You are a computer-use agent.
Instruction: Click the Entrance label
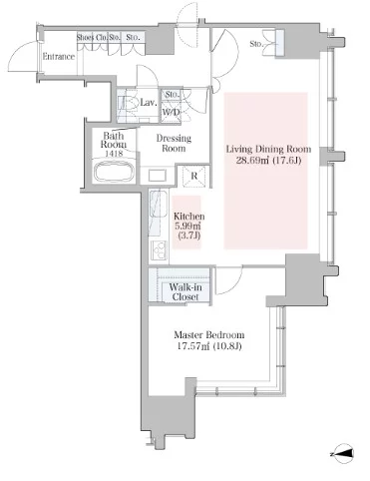(59, 57)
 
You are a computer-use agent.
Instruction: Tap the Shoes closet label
(85, 37)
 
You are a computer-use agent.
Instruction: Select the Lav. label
(149, 103)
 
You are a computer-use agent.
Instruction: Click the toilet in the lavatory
(130, 104)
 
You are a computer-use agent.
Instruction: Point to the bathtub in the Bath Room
(115, 172)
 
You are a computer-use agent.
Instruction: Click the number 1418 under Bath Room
(114, 154)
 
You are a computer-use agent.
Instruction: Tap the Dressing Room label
(174, 143)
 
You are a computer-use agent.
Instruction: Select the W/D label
(171, 112)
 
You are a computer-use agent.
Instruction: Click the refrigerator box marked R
(194, 176)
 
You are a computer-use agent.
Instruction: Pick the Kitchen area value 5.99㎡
(187, 226)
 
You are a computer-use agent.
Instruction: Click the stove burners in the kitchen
(160, 250)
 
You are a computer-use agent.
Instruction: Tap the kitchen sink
(159, 204)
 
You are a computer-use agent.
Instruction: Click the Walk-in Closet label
(185, 291)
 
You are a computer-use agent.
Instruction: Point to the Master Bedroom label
(209, 334)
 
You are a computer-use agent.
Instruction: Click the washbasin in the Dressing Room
(157, 176)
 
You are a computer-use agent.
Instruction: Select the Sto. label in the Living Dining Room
(256, 44)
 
